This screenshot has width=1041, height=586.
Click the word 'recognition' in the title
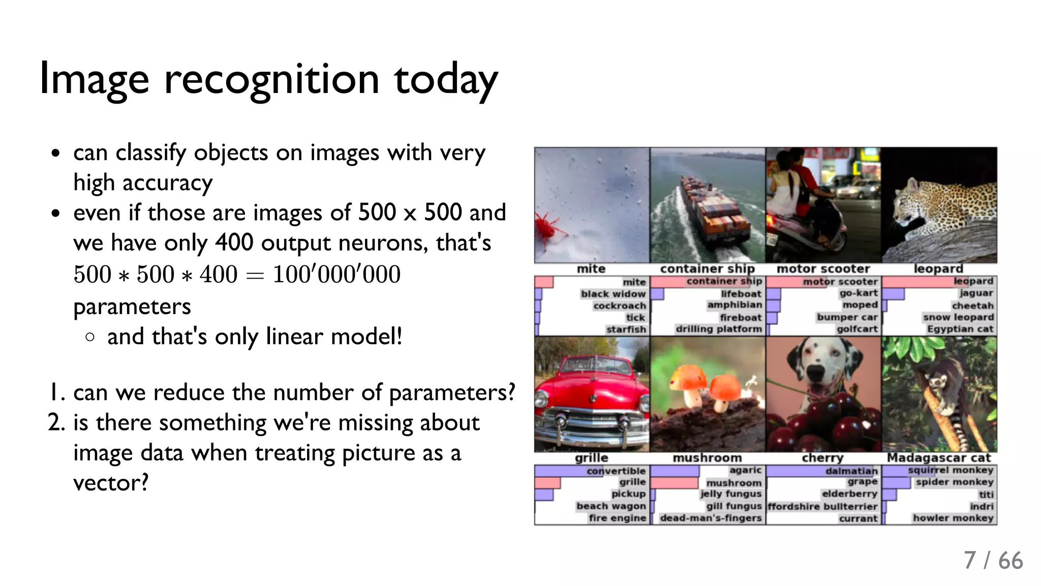[271, 80]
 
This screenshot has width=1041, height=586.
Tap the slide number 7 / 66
[993, 561]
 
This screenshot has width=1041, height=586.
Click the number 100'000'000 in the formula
[336, 274]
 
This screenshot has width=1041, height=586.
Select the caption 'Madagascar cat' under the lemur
[939, 458]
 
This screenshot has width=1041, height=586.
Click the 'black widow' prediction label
[613, 294]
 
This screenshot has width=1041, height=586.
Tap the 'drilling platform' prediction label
[719, 329]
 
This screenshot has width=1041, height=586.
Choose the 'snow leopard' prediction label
[958, 317]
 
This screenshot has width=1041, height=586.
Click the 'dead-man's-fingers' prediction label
[711, 518]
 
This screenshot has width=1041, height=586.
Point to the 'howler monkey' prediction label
[953, 518]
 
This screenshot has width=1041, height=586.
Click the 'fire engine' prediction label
[618, 518]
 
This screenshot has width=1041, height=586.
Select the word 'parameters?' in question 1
[452, 393]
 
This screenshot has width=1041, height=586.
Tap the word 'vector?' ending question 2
[111, 483]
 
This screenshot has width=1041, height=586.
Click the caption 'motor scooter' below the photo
[823, 269]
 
